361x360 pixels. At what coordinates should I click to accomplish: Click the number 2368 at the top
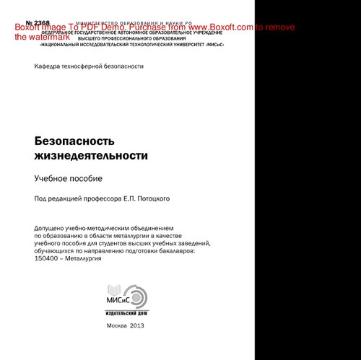click(x=37, y=23)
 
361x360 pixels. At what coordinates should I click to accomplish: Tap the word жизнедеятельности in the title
click(x=91, y=155)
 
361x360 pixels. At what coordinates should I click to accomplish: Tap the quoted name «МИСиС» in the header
click(x=209, y=44)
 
